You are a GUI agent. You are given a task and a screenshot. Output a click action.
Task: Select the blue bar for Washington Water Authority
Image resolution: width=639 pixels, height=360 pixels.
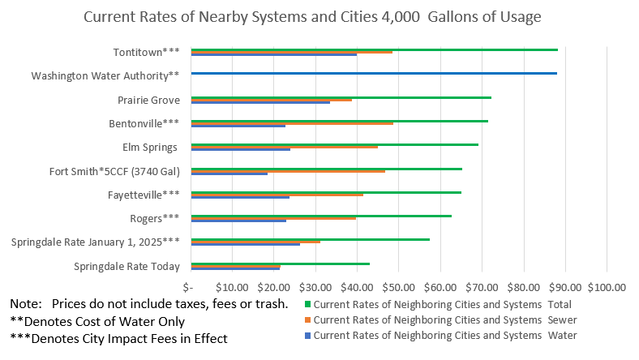(373, 74)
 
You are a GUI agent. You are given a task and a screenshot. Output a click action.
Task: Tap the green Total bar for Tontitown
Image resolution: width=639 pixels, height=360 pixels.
(373, 49)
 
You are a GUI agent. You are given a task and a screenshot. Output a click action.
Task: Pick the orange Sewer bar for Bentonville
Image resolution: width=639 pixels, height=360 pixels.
(292, 123)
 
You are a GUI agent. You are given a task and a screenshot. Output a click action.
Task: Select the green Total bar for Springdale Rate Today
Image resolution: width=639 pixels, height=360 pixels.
(280, 264)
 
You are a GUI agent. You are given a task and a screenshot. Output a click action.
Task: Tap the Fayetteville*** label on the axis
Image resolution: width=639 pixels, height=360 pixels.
(144, 195)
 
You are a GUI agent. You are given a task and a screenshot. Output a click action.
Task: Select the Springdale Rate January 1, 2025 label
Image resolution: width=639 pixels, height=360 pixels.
(95, 242)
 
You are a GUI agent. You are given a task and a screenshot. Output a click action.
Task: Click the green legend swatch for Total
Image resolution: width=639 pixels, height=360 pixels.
(307, 305)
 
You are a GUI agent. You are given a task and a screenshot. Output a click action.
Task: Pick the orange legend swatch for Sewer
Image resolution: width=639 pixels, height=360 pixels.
(307, 319)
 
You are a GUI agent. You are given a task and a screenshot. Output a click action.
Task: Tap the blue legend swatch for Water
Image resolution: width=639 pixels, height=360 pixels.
(307, 334)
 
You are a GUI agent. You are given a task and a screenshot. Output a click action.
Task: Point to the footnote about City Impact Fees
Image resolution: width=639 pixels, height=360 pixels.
(118, 338)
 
